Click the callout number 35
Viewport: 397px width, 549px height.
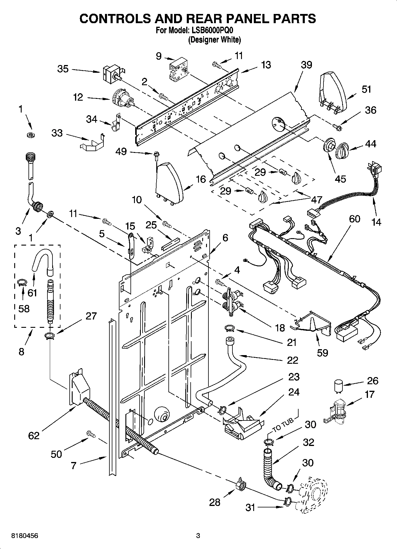point(63,69)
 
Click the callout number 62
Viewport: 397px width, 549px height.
point(34,435)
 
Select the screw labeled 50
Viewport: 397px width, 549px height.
point(91,434)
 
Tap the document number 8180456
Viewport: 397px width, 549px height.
point(24,536)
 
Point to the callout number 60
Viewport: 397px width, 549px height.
point(354,219)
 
